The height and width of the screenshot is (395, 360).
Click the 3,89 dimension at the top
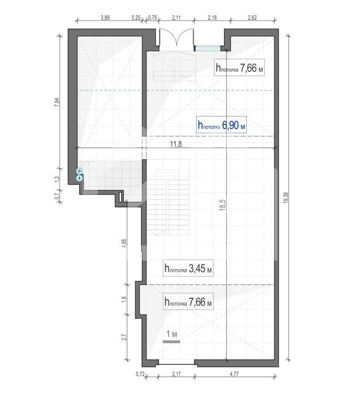pos(105,17)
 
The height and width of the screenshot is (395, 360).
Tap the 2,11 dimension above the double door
pos(177,17)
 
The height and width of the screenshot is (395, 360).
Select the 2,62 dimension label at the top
pos(252,17)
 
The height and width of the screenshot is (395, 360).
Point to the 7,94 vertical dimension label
pos(57,102)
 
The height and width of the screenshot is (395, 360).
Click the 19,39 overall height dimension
pos(286,198)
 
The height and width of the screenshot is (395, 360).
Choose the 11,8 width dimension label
pos(176,144)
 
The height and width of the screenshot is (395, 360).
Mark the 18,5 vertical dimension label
pos(223,205)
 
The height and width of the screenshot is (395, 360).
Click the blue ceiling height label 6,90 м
pos(221,125)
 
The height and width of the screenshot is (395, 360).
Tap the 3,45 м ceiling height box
pos(188,268)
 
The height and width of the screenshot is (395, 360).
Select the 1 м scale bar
pos(171,342)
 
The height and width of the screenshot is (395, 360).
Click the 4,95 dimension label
pos(124,244)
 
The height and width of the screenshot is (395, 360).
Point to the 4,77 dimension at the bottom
pos(234,374)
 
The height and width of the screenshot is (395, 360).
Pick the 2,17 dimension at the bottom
pos(177,374)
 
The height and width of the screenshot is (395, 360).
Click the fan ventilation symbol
pos(80,171)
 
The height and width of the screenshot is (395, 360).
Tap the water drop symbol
pos(80,178)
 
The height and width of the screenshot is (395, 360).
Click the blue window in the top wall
pos(208,49)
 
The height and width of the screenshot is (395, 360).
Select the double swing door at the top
pos(177,38)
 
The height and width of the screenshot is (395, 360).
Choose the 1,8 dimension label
pos(124,299)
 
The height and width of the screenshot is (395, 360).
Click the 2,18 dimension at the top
pos(212,17)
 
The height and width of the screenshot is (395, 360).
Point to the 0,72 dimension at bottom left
pos(140,374)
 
